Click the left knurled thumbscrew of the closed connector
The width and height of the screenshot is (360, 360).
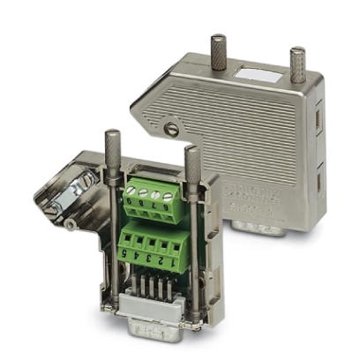point(216,48)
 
